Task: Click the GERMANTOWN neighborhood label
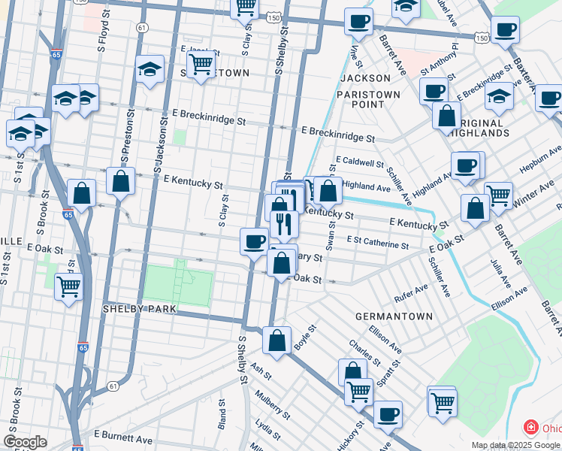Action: point(394,316)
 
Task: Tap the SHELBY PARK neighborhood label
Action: point(139,309)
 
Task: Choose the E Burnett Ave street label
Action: point(123,436)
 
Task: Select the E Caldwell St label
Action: point(359,161)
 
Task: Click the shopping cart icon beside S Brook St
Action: point(68,286)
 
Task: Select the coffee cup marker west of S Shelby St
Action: point(254,241)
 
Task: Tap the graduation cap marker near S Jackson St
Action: point(150,70)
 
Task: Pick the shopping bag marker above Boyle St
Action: point(277,340)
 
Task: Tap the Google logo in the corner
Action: point(25,442)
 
